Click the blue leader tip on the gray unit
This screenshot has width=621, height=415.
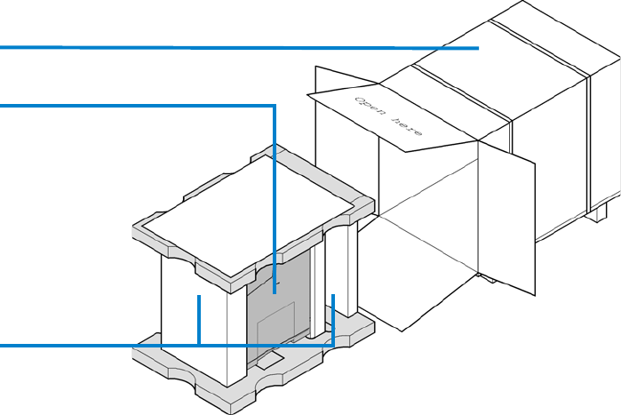click(x=275, y=291)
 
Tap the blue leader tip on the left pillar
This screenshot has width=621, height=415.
click(x=200, y=299)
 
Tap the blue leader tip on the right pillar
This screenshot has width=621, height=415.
click(x=333, y=297)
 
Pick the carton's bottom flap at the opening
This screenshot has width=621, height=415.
click(x=426, y=284)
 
